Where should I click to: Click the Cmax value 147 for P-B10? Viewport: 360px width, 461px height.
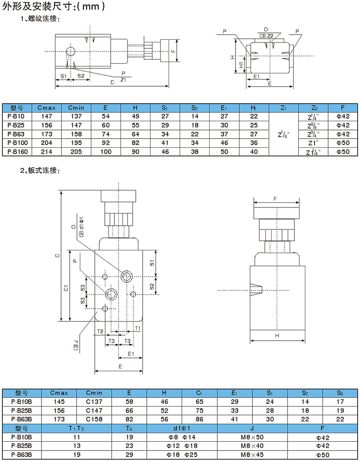[46, 116]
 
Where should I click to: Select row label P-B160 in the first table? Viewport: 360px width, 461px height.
[17, 152]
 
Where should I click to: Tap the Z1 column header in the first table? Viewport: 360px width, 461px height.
[283, 108]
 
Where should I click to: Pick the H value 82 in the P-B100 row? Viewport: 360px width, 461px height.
[135, 143]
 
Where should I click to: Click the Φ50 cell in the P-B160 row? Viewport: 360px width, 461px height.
[343, 152]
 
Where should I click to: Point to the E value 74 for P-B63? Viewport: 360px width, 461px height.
[106, 134]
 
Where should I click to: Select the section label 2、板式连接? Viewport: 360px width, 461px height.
[40, 171]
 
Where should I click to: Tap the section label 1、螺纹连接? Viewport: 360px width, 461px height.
[40, 19]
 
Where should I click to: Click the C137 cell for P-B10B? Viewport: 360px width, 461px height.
[94, 402]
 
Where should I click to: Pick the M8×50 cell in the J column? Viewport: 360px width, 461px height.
[252, 437]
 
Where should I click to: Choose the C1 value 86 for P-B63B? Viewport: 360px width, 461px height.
[199, 419]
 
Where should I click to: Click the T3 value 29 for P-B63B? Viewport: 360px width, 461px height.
[129, 455]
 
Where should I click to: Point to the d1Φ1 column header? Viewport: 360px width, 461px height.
[182, 428]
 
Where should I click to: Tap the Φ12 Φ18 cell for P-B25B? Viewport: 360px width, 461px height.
[182, 446]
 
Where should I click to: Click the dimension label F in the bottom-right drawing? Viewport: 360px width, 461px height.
[275, 199]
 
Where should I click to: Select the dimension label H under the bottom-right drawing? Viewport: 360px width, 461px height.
[277, 336]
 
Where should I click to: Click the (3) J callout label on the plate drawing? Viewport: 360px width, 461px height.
[76, 345]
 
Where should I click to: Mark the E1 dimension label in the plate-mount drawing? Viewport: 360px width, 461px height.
[131, 354]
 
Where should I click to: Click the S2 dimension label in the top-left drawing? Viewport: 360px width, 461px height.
[81, 76]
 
